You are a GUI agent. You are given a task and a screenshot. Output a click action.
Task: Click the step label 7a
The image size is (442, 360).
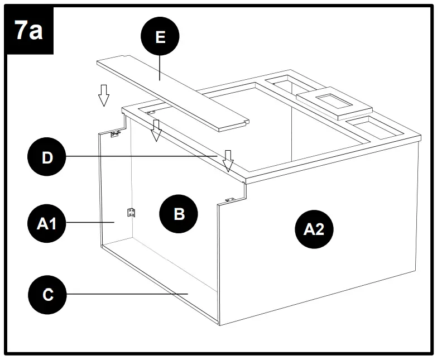(x=28, y=30)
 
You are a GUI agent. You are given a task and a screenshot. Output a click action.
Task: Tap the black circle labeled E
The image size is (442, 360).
(x=161, y=37)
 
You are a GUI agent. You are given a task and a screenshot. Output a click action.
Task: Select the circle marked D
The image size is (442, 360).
(x=48, y=157)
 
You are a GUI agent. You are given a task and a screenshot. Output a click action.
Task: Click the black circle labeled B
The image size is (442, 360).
(x=179, y=214)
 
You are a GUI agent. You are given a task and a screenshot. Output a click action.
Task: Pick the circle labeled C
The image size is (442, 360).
(x=48, y=294)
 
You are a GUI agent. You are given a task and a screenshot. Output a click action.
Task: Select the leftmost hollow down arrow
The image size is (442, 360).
(x=103, y=95)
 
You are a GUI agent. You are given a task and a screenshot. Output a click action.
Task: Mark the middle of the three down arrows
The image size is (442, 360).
(x=157, y=130)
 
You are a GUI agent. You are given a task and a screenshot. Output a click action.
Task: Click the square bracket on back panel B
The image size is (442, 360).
(x=132, y=212)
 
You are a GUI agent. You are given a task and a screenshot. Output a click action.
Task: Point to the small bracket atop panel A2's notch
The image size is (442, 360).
(x=229, y=200)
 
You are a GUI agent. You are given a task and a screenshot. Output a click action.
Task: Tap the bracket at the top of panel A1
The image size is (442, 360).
(x=116, y=134)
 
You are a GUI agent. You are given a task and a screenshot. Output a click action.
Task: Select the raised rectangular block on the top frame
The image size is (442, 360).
(x=334, y=104)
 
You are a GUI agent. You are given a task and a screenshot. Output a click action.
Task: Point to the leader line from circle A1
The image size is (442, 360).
(x=89, y=223)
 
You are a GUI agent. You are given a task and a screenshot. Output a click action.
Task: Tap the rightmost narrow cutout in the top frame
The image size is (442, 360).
(x=373, y=128)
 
